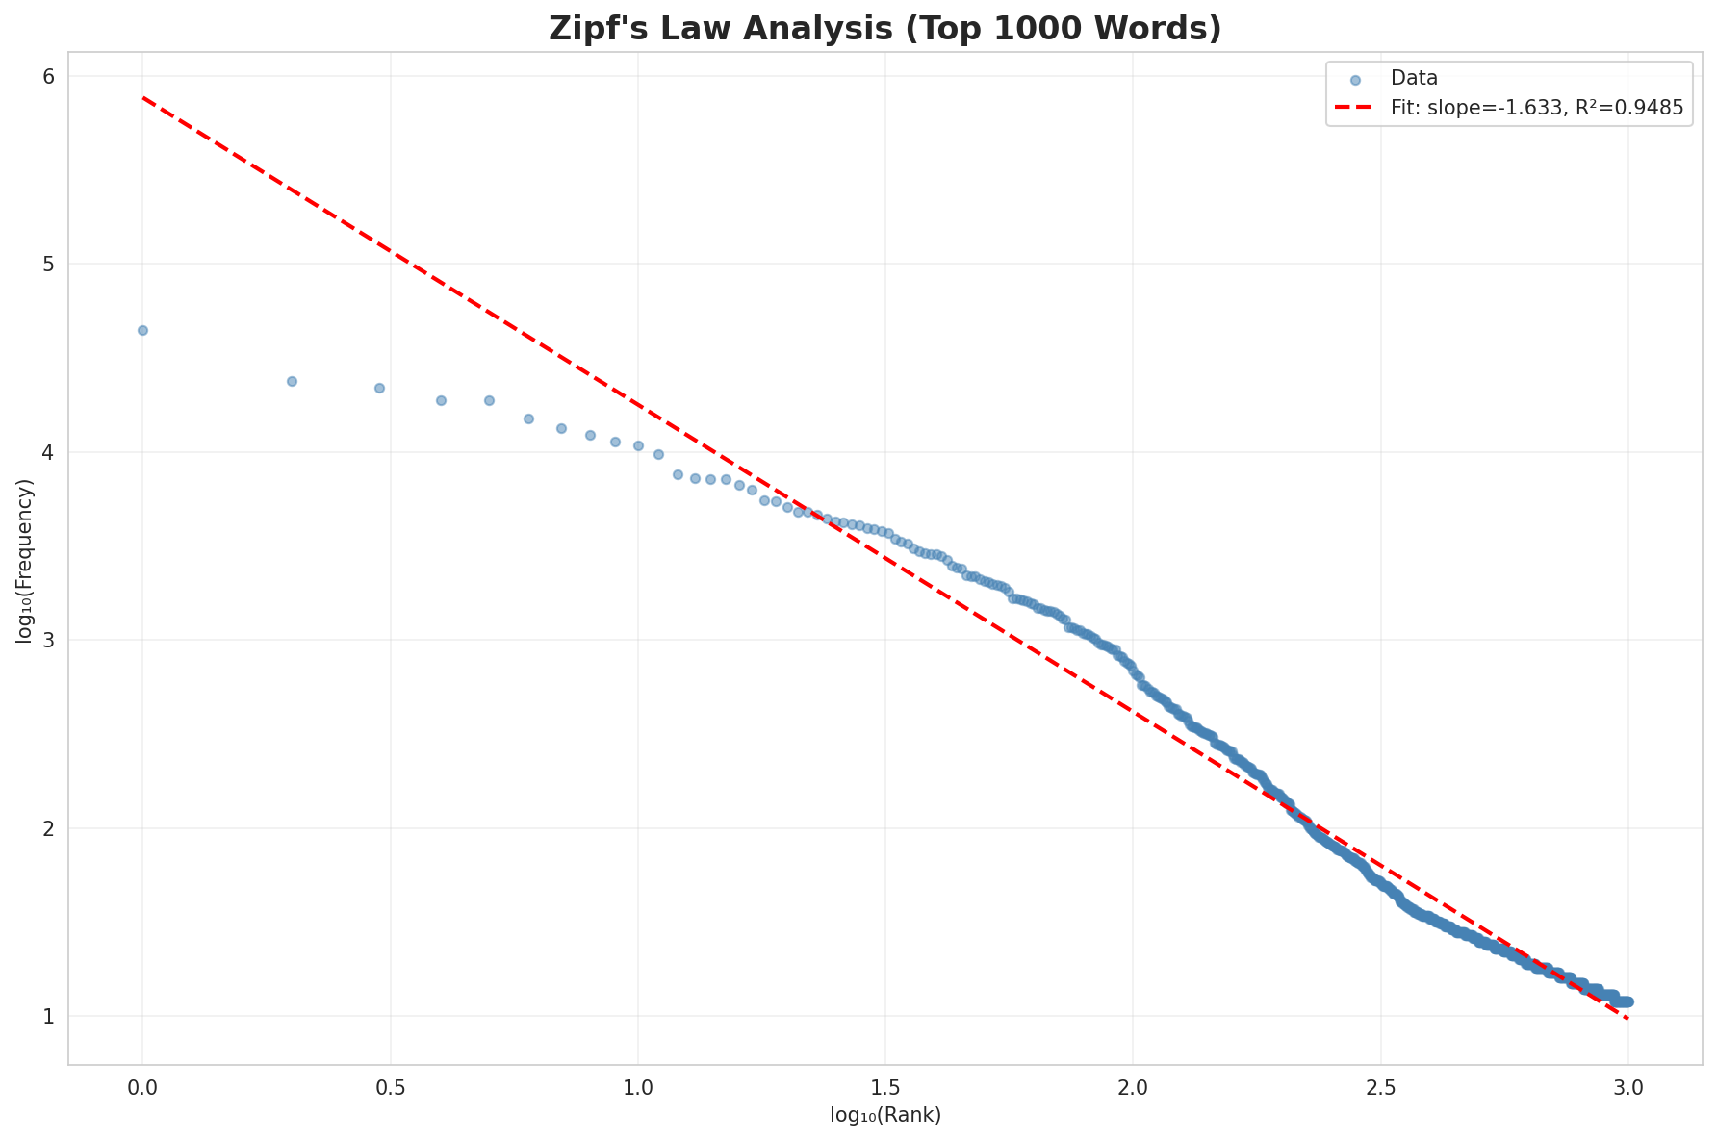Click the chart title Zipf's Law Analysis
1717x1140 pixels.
(x=884, y=29)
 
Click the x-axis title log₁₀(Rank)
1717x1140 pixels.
(x=884, y=1115)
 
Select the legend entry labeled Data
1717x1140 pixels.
(x=1414, y=79)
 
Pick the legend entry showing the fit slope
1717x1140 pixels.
(x=1536, y=109)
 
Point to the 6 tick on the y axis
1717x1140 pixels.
(x=47, y=76)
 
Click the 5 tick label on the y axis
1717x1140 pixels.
(x=47, y=264)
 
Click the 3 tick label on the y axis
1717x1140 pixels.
(x=47, y=640)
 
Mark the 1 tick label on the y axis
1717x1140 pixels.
(x=47, y=1016)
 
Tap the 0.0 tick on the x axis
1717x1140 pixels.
(x=142, y=1086)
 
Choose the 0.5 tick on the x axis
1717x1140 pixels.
(x=390, y=1086)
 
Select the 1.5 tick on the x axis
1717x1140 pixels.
(x=885, y=1086)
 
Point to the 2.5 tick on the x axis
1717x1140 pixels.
(x=1380, y=1086)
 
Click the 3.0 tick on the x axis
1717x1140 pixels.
(x=1627, y=1086)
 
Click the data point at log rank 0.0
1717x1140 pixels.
(x=142, y=330)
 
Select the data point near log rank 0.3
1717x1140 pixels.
(x=292, y=381)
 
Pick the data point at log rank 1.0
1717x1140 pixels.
(x=637, y=445)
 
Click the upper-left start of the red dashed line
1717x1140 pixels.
(x=143, y=97)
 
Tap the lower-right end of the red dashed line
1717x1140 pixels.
(x=1627, y=1018)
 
